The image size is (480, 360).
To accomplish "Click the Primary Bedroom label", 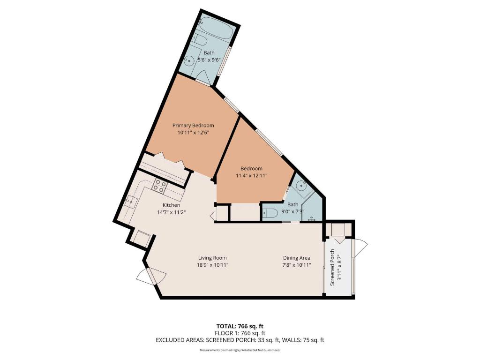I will [x=193, y=125].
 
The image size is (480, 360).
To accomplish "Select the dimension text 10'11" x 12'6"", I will [x=193, y=133].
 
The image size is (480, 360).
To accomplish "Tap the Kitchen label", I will [x=171, y=205].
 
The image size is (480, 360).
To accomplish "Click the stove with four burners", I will [x=159, y=187].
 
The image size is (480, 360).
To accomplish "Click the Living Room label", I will [x=212, y=258].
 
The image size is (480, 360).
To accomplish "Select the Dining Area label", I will [x=296, y=258].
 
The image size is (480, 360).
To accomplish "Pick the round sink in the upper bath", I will [x=190, y=60].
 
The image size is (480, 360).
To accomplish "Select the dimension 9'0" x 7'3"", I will [x=292, y=211].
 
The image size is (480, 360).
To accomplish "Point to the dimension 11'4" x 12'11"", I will [x=251, y=176].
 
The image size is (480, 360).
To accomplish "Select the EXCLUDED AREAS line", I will [x=240, y=340].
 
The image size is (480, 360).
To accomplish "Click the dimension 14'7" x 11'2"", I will [x=171, y=212].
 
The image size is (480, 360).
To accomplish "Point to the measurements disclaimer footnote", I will [x=240, y=350].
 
